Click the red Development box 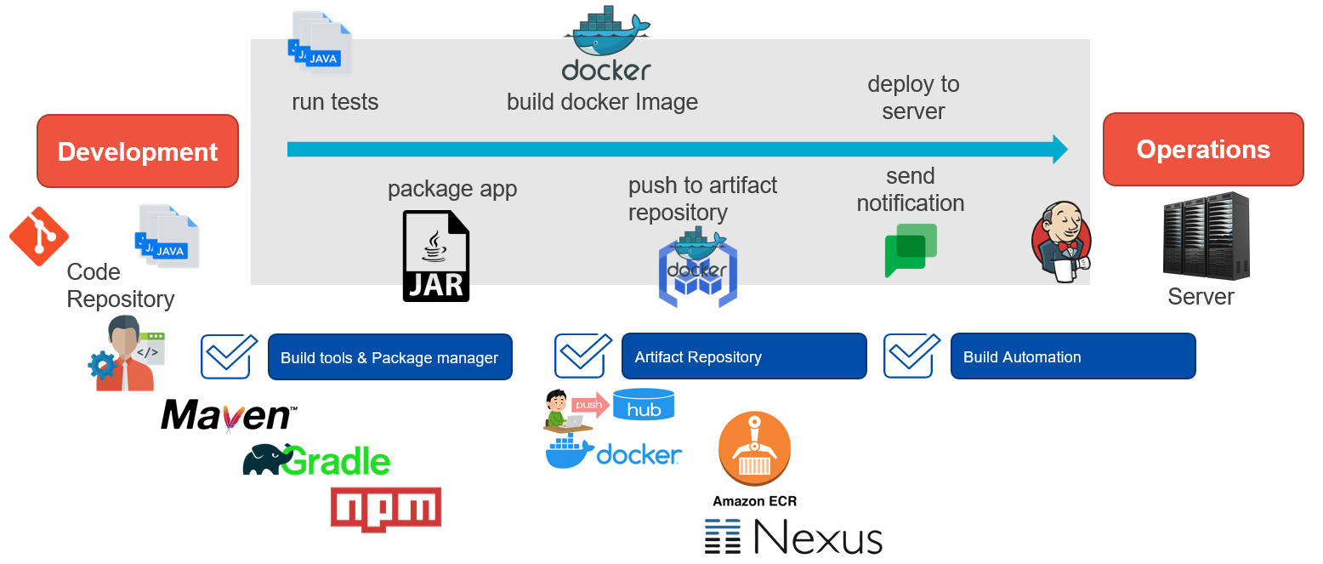[x=138, y=151]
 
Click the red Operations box [x=1202, y=150]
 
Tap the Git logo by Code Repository [x=38, y=236]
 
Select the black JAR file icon [x=435, y=256]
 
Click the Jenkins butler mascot [x=1060, y=242]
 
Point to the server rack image [x=1206, y=236]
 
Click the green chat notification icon [x=910, y=250]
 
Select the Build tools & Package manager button [x=390, y=357]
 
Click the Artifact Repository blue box [x=744, y=356]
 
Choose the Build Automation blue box [x=1072, y=356]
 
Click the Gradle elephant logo [x=316, y=460]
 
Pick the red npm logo [x=386, y=509]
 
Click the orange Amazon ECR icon [x=754, y=449]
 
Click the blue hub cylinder [x=644, y=405]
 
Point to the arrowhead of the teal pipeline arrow [x=1059, y=149]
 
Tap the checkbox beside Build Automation [x=911, y=356]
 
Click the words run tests [x=335, y=102]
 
